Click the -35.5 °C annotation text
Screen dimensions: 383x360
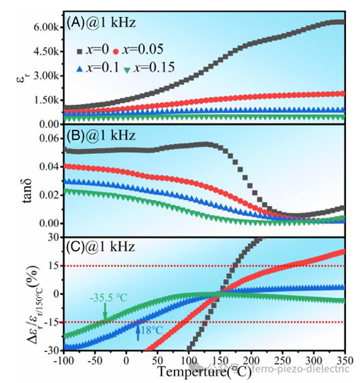[108, 297]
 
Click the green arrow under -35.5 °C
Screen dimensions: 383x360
[105, 311]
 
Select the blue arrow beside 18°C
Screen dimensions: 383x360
[138, 331]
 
